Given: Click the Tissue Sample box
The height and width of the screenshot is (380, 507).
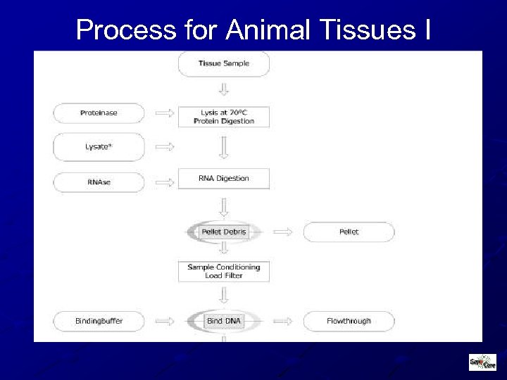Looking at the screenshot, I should (223, 64).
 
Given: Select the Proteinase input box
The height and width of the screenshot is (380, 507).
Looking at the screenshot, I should (99, 113).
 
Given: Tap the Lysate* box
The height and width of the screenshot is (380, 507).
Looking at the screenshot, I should (99, 146).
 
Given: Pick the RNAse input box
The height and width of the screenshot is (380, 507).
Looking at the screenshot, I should (99, 182).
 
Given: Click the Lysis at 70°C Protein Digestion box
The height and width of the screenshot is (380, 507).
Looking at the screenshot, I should (223, 117).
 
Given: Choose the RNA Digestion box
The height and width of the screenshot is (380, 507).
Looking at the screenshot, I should (223, 179).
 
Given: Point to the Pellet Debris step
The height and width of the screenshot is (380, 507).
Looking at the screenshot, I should (223, 232).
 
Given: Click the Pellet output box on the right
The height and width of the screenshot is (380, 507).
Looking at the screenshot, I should (349, 232).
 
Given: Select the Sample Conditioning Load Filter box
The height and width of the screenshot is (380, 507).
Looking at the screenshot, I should (223, 271).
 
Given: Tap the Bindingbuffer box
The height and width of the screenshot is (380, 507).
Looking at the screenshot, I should (99, 322).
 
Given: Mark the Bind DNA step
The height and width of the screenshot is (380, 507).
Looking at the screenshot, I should (223, 322).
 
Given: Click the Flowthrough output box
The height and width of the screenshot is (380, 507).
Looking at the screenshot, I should (349, 322).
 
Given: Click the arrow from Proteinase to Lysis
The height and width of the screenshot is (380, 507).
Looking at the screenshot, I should (164, 113).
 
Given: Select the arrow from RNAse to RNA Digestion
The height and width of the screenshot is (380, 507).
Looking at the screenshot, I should (164, 182).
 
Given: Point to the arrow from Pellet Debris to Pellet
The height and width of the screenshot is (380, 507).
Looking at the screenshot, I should (282, 232).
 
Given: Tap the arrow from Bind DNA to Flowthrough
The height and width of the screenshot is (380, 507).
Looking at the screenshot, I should (282, 322).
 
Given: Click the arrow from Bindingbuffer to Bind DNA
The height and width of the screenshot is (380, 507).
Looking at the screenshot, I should (164, 322).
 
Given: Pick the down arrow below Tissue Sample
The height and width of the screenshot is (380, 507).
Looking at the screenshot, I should (223, 89).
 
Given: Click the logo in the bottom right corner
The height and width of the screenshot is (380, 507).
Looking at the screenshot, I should (482, 362).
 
